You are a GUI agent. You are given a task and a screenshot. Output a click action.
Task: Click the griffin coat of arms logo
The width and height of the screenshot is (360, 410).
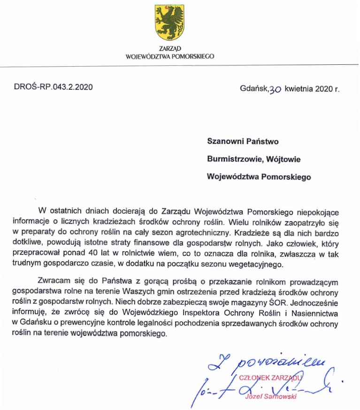coord(169,23)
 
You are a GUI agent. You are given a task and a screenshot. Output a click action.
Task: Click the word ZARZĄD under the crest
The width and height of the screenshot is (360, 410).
coord(169,48)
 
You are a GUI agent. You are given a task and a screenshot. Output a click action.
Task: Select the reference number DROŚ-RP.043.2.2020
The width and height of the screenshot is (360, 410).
coord(53,87)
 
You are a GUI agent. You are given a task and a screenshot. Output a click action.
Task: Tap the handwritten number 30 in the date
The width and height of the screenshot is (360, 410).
coord(275,88)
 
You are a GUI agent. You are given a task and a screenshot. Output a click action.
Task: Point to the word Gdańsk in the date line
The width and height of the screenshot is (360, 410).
coord(254,87)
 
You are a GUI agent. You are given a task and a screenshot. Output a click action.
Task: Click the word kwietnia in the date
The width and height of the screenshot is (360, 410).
coord(299,87)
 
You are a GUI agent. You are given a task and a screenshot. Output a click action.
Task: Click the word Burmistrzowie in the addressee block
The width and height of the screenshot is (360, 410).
coord(233,159)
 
